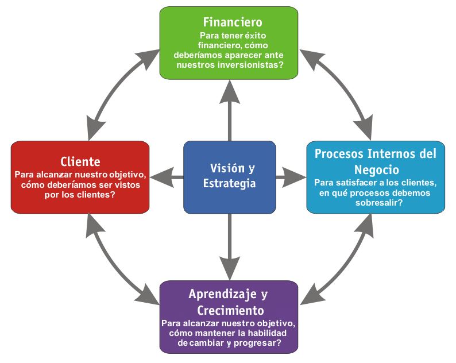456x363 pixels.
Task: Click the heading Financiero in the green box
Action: (x=233, y=22)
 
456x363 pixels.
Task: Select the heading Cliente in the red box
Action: (x=80, y=161)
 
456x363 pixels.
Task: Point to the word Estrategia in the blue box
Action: (x=230, y=183)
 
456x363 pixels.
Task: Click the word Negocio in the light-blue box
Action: (x=377, y=169)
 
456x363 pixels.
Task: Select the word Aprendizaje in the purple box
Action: (x=222, y=294)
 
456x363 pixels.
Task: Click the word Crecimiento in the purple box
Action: (x=231, y=310)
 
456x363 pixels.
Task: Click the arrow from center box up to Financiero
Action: (x=230, y=110)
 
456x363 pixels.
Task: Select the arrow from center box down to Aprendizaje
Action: (x=230, y=247)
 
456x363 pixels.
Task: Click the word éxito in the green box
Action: (x=255, y=36)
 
